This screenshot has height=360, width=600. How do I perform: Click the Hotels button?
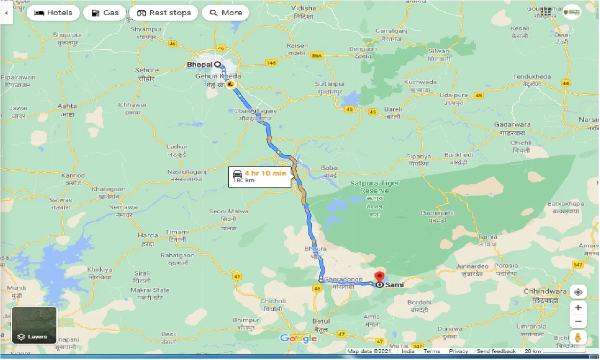coord(53,13)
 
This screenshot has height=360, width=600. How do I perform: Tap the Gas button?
coord(105,13)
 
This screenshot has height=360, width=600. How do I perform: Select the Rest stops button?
coord(165,13)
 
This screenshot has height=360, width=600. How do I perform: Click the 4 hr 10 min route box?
coord(259,177)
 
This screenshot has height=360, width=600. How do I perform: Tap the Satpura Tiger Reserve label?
coord(375,187)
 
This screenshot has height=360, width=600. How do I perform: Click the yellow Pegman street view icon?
coord(578,337)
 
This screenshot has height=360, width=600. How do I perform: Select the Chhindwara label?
coord(545,292)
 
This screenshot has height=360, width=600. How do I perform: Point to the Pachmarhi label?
coord(436,213)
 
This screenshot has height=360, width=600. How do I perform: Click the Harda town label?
coord(147,235)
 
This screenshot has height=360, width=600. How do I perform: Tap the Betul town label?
coord(321,322)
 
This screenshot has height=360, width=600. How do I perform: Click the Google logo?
coord(299,338)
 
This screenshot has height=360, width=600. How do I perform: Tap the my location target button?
coord(578,292)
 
